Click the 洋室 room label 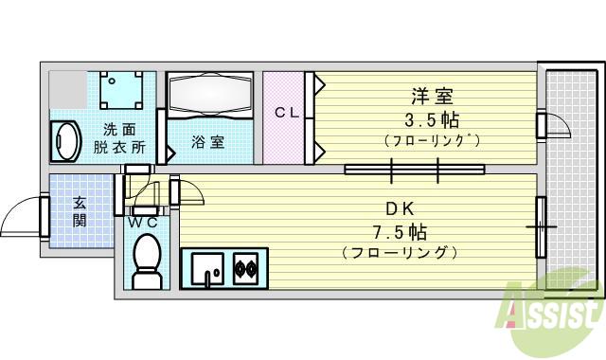(x=432, y=97)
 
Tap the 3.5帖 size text (x=432, y=120)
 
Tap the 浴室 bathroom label (x=207, y=143)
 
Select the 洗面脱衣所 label (x=118, y=138)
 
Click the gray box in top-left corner (x=66, y=88)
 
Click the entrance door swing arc (x=21, y=217)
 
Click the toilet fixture (x=146, y=261)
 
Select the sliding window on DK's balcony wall (x=542, y=226)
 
